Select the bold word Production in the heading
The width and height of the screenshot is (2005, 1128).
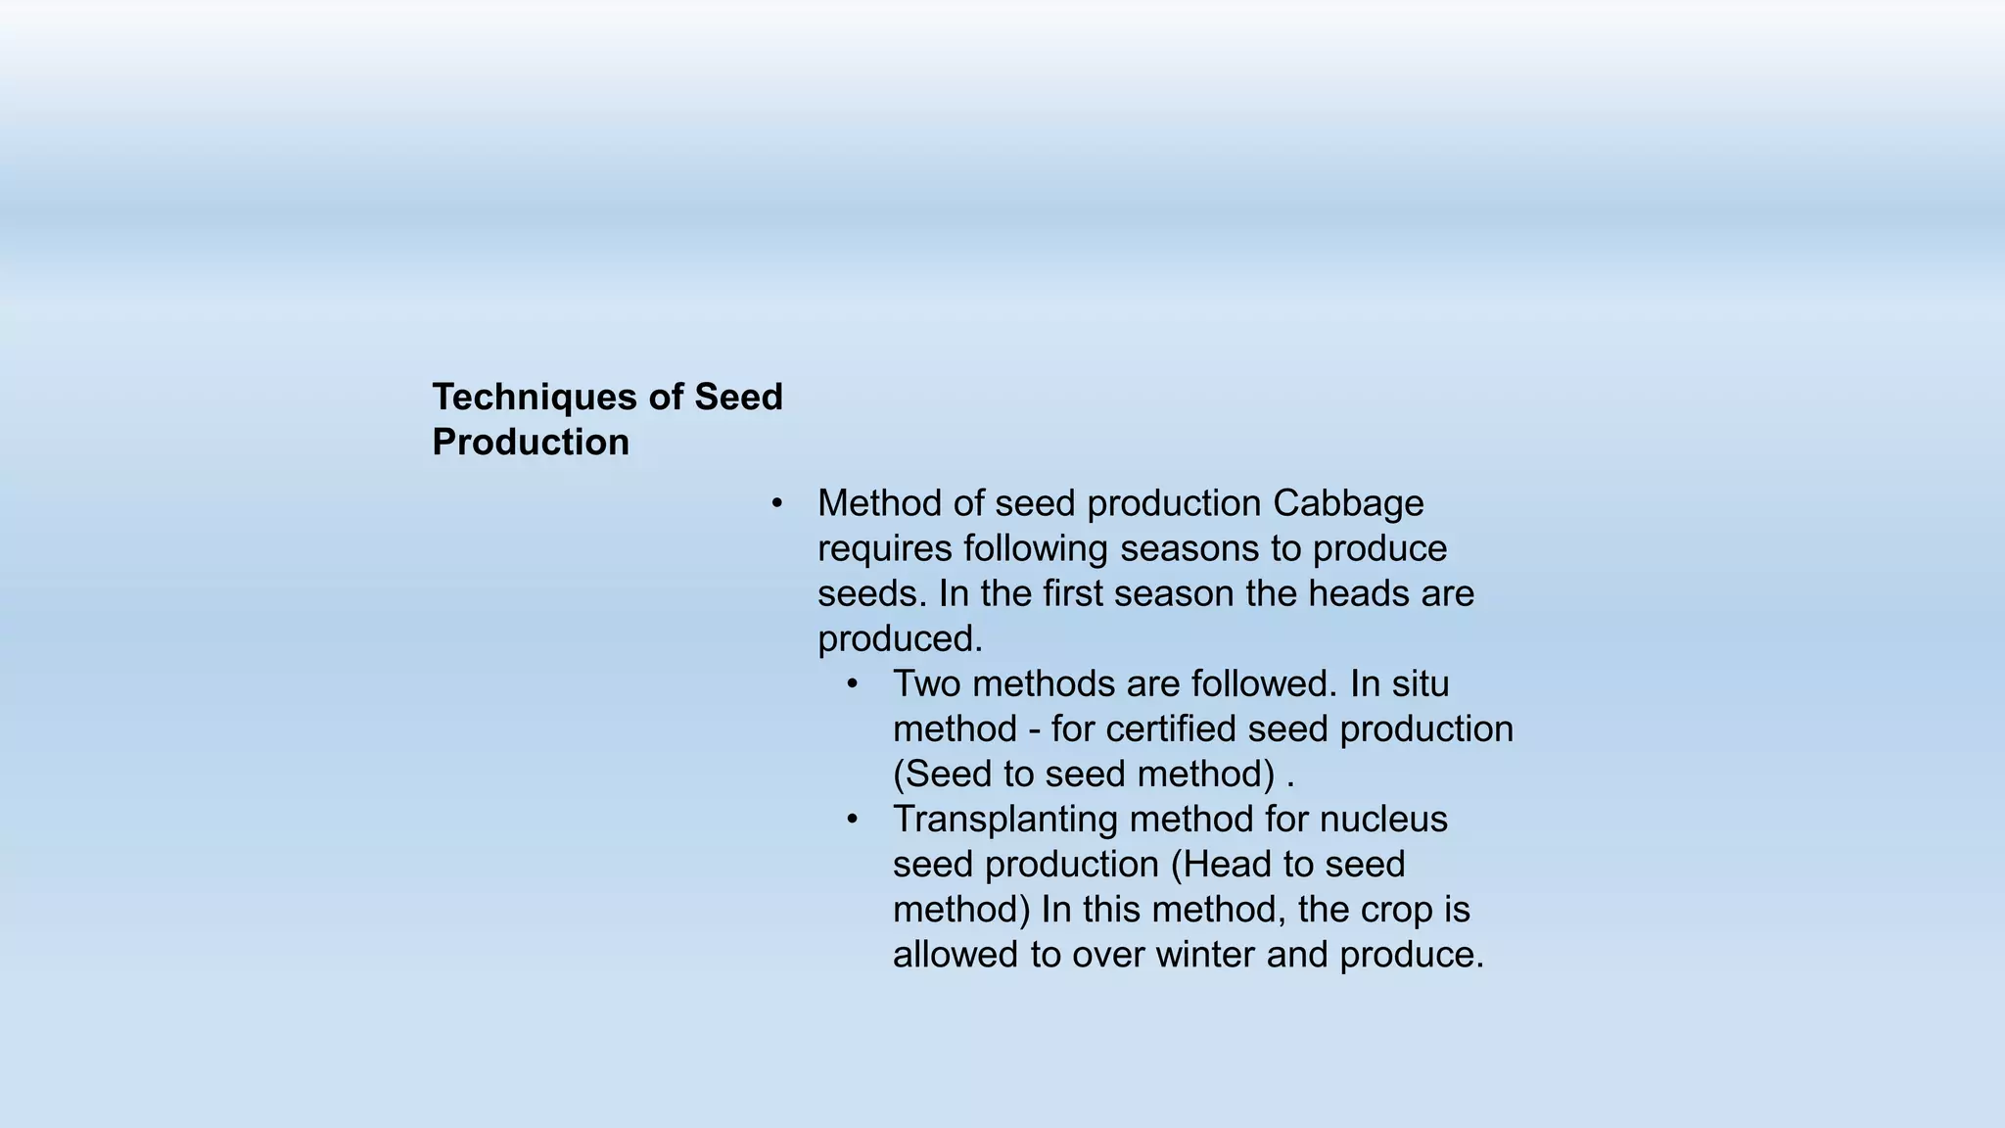[x=531, y=443]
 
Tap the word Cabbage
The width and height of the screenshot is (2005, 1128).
[x=1348, y=503]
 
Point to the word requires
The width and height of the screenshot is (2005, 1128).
[x=885, y=548]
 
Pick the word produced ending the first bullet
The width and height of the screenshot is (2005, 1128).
[x=900, y=639]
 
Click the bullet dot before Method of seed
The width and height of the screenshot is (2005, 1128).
[x=777, y=503]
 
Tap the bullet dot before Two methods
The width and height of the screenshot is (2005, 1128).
[x=853, y=683]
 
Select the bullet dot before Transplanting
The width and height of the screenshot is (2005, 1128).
[x=853, y=819]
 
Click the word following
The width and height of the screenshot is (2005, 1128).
[x=1036, y=548]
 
